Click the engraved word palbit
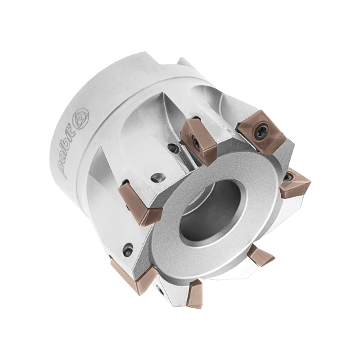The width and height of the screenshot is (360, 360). tap(70, 152)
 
